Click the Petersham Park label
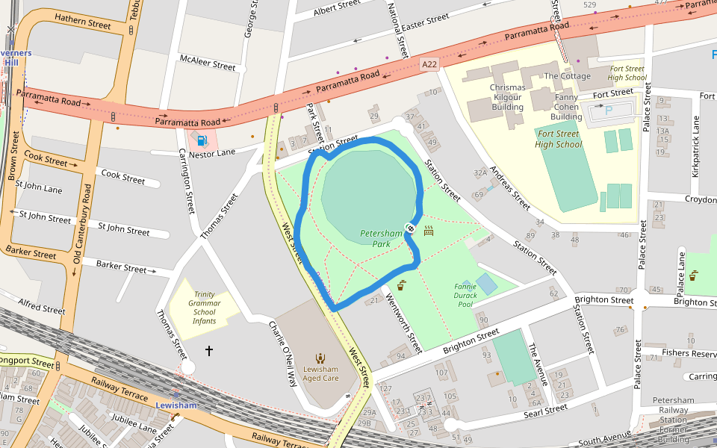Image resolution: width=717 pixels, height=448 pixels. [382, 238]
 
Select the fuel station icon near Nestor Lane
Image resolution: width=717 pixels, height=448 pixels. [201, 139]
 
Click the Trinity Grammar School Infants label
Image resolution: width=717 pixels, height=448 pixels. [204, 308]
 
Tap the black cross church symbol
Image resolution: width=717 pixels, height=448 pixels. [209, 350]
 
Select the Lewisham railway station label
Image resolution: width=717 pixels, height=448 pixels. [176, 405]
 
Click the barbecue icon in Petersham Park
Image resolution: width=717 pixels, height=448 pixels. [429, 231]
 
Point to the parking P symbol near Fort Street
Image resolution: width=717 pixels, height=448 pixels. [608, 111]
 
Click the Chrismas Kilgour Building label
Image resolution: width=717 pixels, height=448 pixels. [507, 97]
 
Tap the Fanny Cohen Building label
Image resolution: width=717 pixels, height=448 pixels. [566, 106]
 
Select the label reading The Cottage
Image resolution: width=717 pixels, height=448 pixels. [567, 76]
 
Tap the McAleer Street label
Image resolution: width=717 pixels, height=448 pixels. [208, 62]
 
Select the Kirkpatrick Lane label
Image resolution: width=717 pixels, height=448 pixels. [695, 147]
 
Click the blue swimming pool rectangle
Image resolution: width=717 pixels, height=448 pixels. [485, 284]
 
